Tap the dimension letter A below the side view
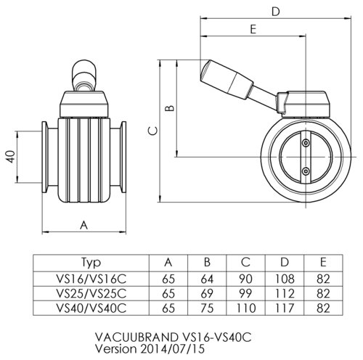point(84,225)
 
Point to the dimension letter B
point(168,109)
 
